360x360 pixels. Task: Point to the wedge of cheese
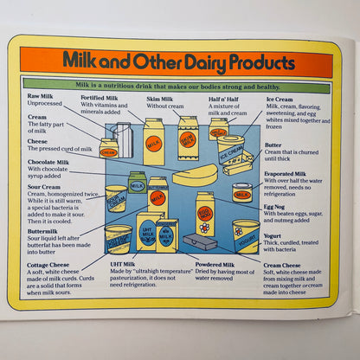pyautogui.click(x=195, y=175)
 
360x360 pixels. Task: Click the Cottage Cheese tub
pyautogui.click(x=118, y=238)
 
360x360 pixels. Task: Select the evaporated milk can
pyautogui.click(x=242, y=192)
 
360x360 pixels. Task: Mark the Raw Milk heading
pyautogui.click(x=40, y=96)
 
